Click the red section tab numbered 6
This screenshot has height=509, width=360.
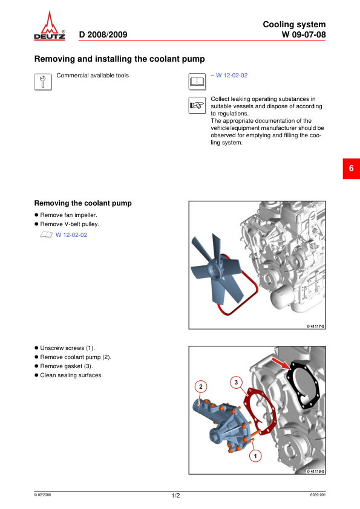click(x=352, y=169)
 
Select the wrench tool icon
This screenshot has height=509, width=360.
click(x=43, y=82)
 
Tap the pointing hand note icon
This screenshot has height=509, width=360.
click(x=197, y=105)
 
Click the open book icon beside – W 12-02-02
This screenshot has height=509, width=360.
click(x=197, y=82)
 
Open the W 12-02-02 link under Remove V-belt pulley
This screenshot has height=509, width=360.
click(x=71, y=235)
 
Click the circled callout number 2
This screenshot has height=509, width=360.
click(x=201, y=387)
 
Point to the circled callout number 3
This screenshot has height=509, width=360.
click(x=236, y=383)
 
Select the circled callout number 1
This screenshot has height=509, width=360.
click(x=255, y=456)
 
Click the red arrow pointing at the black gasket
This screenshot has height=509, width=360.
click(x=281, y=363)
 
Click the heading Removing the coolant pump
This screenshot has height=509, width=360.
click(x=83, y=203)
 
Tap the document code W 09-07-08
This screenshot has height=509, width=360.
click(x=304, y=34)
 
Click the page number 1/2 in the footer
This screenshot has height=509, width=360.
click(x=175, y=495)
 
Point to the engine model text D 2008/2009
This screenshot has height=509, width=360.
click(x=103, y=34)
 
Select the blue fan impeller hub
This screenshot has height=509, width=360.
click(x=215, y=270)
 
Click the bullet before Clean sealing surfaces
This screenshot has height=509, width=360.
click(x=36, y=375)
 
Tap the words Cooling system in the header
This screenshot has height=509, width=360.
click(x=294, y=25)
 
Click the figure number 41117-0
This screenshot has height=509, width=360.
click(x=315, y=326)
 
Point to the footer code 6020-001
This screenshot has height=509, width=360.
click(x=318, y=494)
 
